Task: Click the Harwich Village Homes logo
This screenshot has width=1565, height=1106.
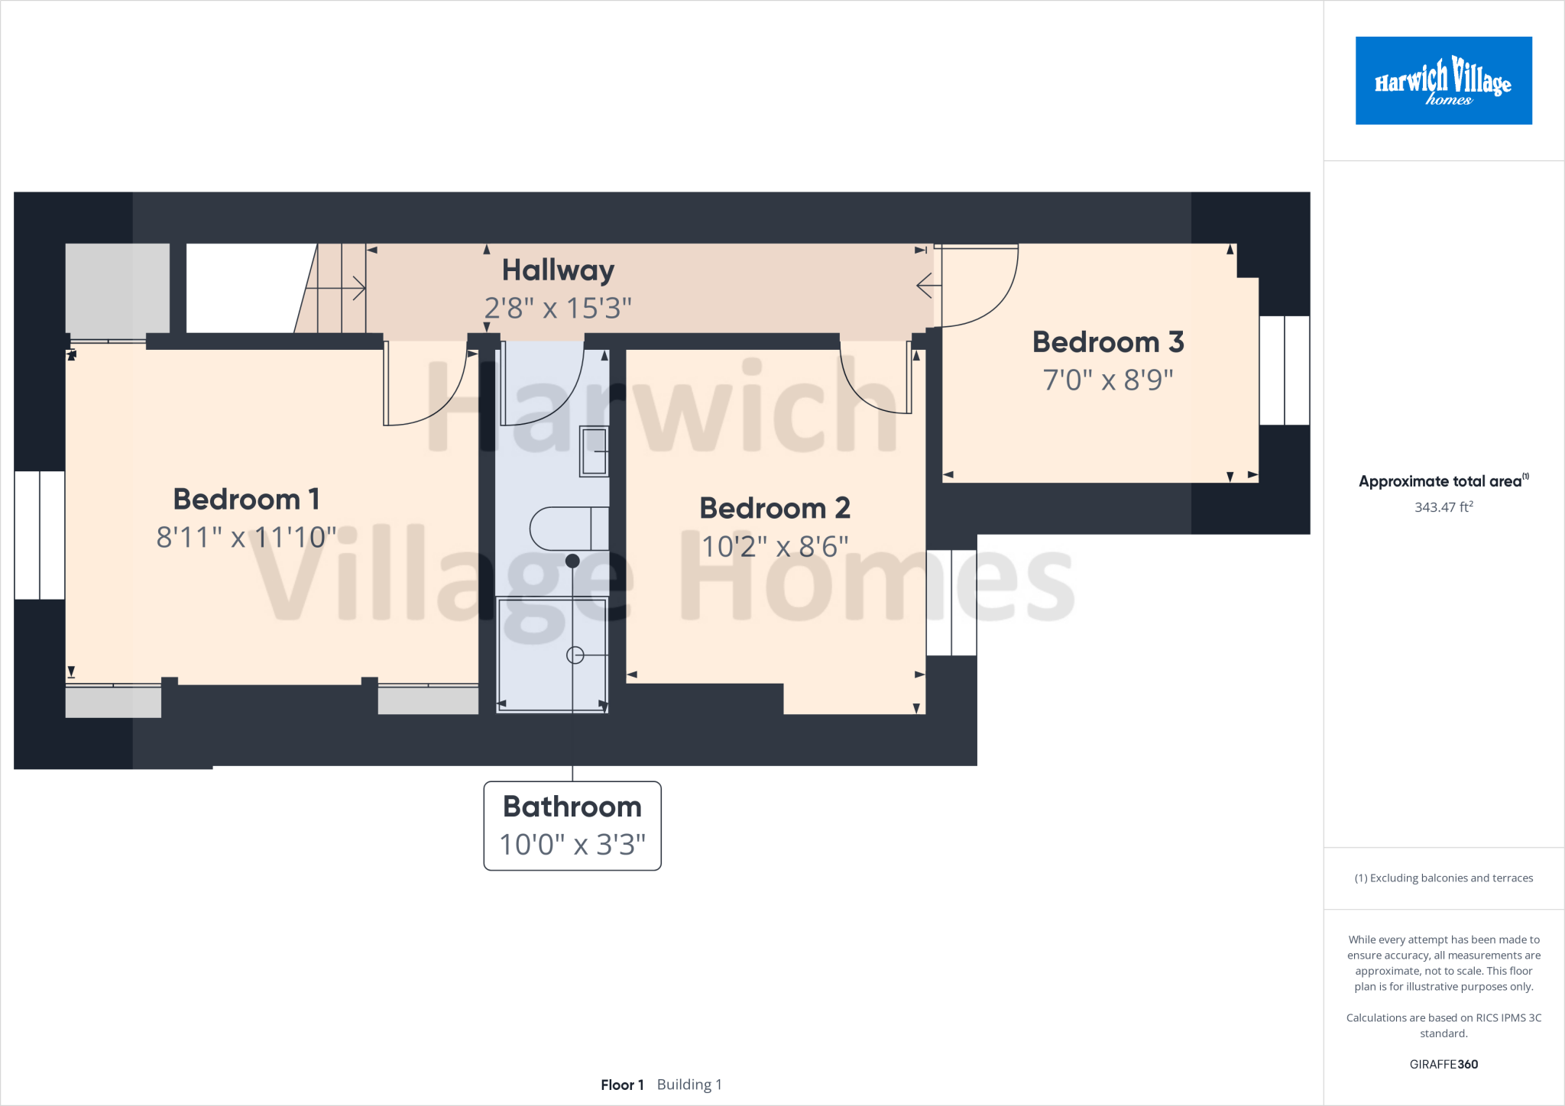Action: pyautogui.click(x=1443, y=80)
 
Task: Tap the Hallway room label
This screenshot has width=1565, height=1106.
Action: pyautogui.click(x=558, y=270)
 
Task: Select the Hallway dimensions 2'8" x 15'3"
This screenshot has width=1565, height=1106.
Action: pyautogui.click(x=558, y=309)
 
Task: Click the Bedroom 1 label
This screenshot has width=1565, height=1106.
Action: pyautogui.click(x=246, y=500)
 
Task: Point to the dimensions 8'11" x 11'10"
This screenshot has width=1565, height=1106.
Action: pyautogui.click(x=246, y=538)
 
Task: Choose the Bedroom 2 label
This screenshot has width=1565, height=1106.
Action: pyautogui.click(x=775, y=509)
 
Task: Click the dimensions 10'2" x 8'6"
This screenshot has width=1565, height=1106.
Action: pyautogui.click(x=775, y=547)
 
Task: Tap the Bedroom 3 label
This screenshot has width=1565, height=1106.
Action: pyautogui.click(x=1108, y=342)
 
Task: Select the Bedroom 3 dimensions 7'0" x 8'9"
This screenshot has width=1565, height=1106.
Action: pyautogui.click(x=1108, y=380)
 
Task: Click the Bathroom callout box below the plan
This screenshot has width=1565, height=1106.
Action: pyautogui.click(x=572, y=826)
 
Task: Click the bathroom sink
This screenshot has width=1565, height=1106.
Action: pyautogui.click(x=594, y=451)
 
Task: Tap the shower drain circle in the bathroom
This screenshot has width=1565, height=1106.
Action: pyautogui.click(x=575, y=655)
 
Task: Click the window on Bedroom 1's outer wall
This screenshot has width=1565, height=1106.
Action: pyautogui.click(x=40, y=535)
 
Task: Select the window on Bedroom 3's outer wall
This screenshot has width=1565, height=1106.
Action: pyautogui.click(x=1284, y=370)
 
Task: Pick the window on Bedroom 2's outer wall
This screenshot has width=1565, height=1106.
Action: pyautogui.click(x=951, y=603)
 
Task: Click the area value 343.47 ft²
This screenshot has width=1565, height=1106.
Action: pyautogui.click(x=1443, y=507)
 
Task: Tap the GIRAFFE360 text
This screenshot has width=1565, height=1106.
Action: pyautogui.click(x=1443, y=1065)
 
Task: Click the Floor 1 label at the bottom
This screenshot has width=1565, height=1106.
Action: pyautogui.click(x=622, y=1085)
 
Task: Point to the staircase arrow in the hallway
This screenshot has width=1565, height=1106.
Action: pyautogui.click(x=336, y=289)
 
